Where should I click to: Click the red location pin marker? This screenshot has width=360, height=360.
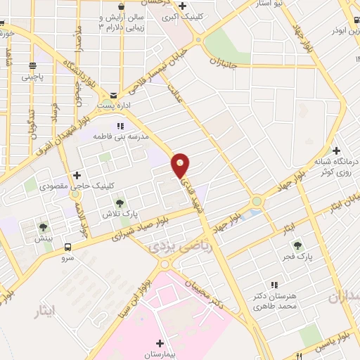click(181, 165)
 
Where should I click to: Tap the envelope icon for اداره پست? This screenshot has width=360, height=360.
click(113, 95)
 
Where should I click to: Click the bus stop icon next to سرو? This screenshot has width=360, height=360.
click(68, 247)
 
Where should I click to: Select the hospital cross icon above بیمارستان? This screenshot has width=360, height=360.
click(160, 343)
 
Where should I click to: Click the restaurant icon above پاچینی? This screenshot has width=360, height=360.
click(32, 65)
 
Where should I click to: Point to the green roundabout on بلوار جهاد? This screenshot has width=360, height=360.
click(256, 202)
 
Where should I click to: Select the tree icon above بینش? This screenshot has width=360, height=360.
click(44, 226)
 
